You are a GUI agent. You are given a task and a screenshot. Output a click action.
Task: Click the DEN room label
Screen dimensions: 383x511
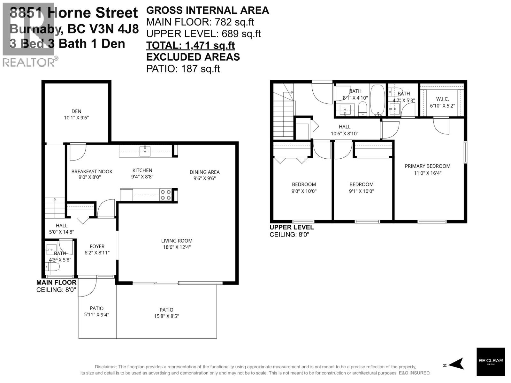pyautogui.click(x=76, y=111)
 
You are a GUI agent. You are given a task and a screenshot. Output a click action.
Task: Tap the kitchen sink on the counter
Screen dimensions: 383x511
pyautogui.click(x=145, y=151)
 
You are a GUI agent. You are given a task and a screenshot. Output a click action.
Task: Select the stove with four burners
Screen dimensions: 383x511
pyautogui.click(x=165, y=195)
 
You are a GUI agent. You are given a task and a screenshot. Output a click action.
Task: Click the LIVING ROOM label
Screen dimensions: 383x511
pyautogui.click(x=177, y=241)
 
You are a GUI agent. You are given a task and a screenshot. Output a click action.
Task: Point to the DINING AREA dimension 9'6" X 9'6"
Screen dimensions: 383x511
pyautogui.click(x=204, y=178)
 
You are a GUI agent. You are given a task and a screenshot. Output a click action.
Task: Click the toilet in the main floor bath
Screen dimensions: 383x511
pyautogui.click(x=53, y=267)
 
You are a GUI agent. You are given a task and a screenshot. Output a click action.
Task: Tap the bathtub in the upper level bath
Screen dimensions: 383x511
pyautogui.click(x=378, y=100)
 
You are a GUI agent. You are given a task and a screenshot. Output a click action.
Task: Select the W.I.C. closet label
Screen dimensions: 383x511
pyautogui.click(x=442, y=99)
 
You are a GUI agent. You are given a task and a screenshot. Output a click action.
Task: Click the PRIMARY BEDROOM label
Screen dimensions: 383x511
pyautogui.click(x=427, y=166)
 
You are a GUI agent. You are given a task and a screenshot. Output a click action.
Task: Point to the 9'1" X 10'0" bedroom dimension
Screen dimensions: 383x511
pyautogui.click(x=361, y=191)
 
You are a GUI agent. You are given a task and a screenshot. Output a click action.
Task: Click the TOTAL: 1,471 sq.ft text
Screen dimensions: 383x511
pyautogui.click(x=190, y=45)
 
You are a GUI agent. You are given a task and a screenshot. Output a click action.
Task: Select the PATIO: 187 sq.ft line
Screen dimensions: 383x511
pyautogui.click(x=183, y=69)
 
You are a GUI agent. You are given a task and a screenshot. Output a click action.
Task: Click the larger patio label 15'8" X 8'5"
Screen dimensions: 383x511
pyautogui.click(x=166, y=316)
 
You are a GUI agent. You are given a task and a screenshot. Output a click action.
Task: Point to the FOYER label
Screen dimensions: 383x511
pyautogui.click(x=97, y=246)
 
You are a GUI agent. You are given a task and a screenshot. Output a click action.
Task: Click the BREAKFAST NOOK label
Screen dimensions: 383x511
pyautogui.click(x=92, y=171)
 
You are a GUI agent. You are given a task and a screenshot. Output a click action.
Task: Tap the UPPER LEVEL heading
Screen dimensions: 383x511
pyautogui.click(x=292, y=227)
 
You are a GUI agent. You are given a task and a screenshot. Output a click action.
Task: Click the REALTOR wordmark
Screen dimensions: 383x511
pyautogui.click(x=29, y=62)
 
